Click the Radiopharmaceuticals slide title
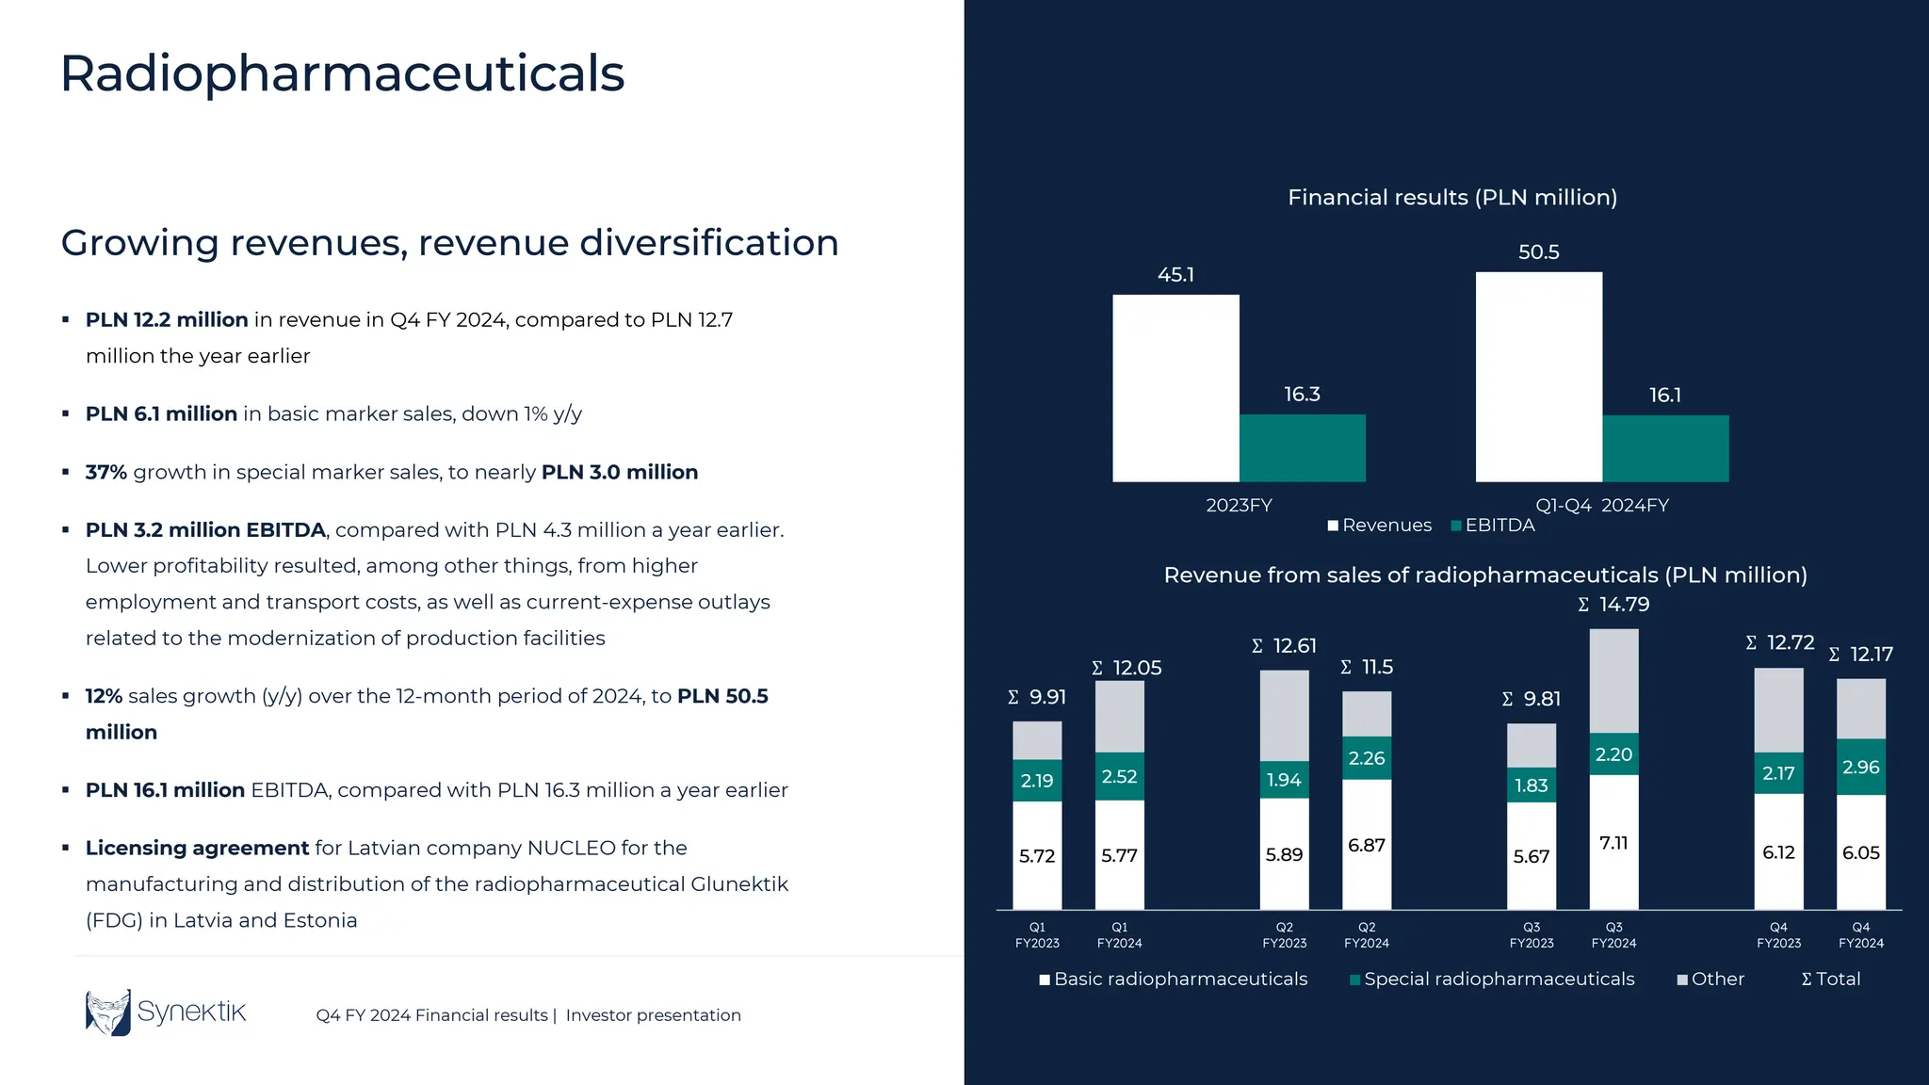342,73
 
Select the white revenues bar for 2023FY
1175,388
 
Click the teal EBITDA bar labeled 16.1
1665,448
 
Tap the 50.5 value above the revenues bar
1538,252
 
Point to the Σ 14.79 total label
1613,605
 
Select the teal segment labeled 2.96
1860,767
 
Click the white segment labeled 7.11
1613,843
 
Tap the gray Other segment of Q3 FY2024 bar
1613,680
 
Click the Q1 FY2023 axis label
1037,935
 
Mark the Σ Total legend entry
1830,980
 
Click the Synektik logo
166,1012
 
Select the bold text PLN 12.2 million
167,320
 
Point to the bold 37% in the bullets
105,472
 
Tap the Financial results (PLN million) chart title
1451,198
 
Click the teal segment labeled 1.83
1531,785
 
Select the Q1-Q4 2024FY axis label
1601,506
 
